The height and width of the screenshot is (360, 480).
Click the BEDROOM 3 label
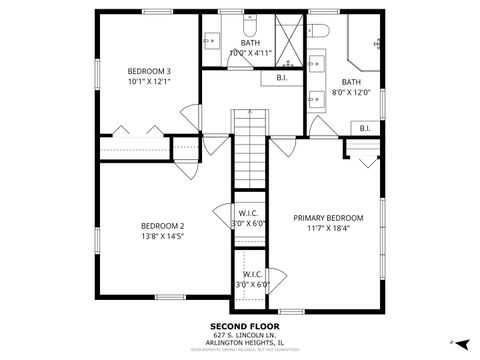(149, 71)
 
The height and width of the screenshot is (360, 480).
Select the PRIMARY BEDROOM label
(328, 218)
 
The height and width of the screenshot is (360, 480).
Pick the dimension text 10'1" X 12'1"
(149, 83)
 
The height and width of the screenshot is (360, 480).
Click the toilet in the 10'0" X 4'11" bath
(251, 25)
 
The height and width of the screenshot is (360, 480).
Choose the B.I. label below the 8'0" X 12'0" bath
(365, 127)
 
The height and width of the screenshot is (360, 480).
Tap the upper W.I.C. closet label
(250, 217)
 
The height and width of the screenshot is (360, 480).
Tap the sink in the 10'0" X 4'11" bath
(212, 41)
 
